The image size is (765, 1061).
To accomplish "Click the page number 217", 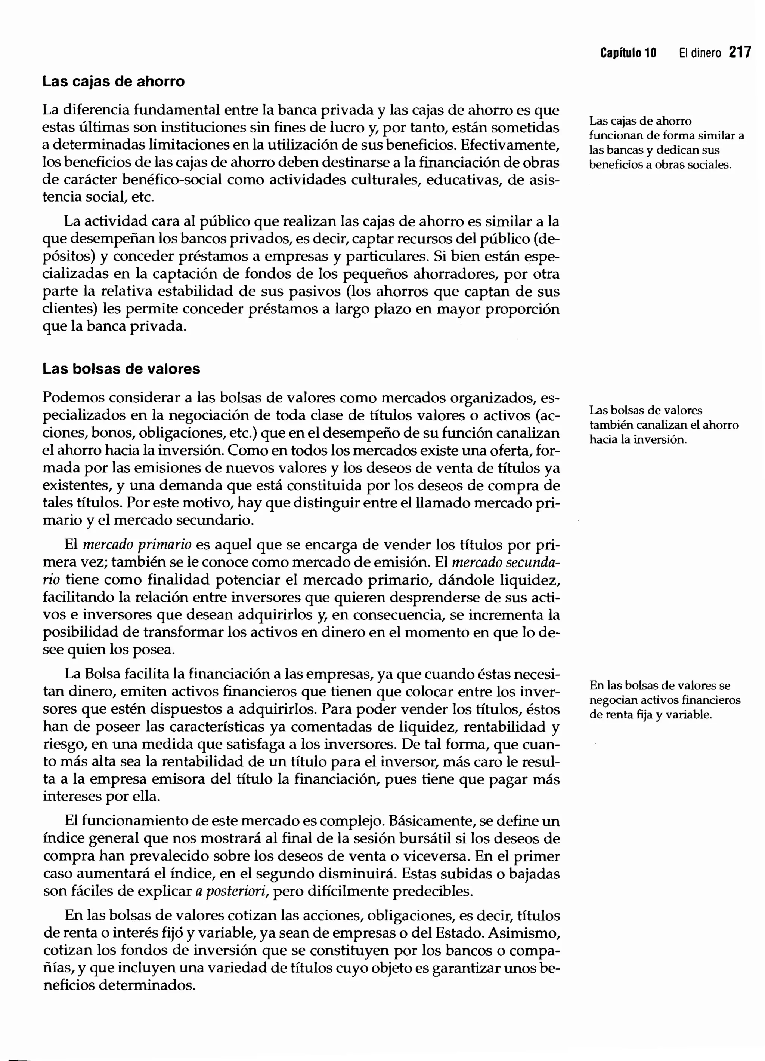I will click(x=740, y=52).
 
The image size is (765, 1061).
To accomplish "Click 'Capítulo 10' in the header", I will click(x=628, y=53).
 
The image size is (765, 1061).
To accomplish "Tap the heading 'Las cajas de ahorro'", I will click(x=114, y=82).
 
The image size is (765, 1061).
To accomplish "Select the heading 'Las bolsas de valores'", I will click(x=121, y=369).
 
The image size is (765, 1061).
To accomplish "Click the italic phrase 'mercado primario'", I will click(x=137, y=545).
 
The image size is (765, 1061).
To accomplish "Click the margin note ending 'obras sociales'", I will click(x=666, y=143).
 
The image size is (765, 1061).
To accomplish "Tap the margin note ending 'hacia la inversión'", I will click(x=664, y=425).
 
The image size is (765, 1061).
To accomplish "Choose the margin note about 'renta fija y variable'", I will click(x=665, y=700).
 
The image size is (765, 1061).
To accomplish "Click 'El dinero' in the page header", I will click(x=700, y=53).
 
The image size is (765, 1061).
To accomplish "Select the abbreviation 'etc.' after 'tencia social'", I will click(x=143, y=197).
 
